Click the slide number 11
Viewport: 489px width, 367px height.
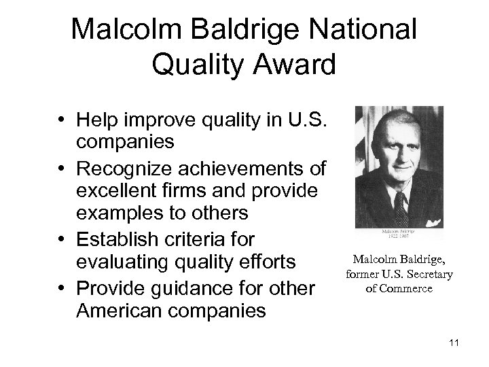coord(454,342)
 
